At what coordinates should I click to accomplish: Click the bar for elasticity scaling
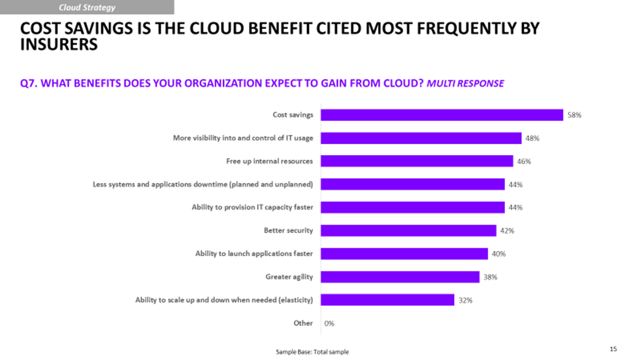tap(387, 300)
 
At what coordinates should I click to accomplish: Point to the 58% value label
tap(575, 115)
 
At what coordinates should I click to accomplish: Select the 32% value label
tap(465, 300)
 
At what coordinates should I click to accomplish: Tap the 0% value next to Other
tap(329, 323)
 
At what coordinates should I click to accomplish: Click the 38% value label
tap(490, 277)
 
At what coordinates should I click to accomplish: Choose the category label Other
tap(303, 323)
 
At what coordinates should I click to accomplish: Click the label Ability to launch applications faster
tap(254, 254)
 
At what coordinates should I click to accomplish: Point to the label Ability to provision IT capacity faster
tap(252, 208)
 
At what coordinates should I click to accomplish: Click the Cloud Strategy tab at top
tap(87, 7)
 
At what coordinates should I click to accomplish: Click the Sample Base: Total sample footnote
tap(312, 352)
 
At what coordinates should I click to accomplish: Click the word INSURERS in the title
tap(59, 45)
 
